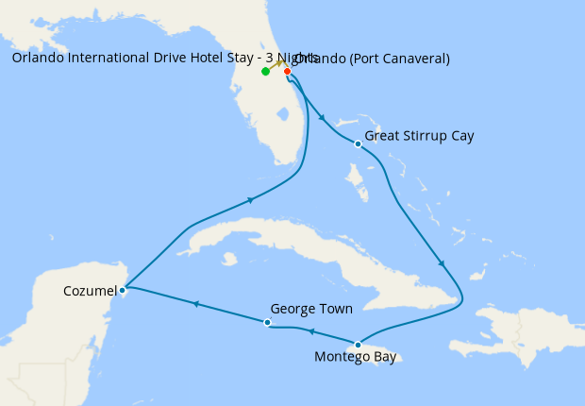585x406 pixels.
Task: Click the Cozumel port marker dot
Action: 124,290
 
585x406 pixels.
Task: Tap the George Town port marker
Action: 268,323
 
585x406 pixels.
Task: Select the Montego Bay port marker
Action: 358,344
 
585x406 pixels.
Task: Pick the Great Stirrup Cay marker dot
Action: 358,144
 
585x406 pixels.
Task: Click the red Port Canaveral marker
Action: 287,71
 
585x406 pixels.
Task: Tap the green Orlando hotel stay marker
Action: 266,72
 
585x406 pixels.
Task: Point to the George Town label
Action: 310,309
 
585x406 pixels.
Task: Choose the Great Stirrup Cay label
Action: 419,136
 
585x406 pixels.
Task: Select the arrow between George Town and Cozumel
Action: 195,304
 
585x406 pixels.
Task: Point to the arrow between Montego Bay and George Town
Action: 311,331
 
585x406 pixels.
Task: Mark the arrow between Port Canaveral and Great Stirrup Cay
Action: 323,118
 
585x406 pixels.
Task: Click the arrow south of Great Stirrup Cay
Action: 442,265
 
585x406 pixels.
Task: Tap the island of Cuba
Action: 283,236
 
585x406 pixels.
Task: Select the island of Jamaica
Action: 382,355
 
